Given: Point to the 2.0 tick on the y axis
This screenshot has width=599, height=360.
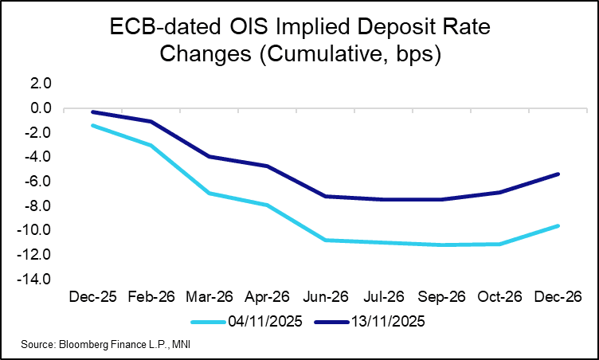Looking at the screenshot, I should coord(41,83).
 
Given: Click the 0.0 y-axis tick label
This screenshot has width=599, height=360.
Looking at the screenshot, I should coord(41,108).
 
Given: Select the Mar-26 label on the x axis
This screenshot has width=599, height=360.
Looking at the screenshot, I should coord(210,298).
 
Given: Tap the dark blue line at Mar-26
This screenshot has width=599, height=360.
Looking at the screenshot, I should coord(210,156).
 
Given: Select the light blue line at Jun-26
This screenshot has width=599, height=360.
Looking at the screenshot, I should coord(327,240).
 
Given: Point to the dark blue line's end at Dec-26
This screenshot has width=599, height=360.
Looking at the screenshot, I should coord(558,174).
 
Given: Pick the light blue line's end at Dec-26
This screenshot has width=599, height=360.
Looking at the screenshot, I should coord(558,225).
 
